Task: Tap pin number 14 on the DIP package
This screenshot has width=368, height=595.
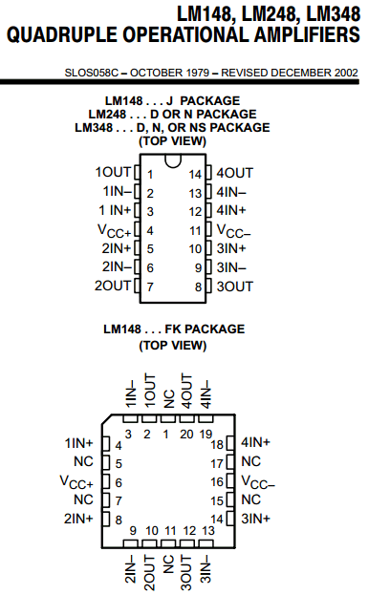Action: coord(195,174)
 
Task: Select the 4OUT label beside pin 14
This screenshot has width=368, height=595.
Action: coord(234,173)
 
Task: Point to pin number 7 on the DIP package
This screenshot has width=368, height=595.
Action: coord(150,287)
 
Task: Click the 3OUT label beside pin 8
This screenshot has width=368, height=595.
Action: coord(234,286)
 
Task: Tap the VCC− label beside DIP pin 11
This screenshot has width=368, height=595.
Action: coord(235,230)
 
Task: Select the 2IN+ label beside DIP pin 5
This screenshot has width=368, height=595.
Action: coord(115,248)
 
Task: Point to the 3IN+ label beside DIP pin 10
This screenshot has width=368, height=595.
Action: coord(231,248)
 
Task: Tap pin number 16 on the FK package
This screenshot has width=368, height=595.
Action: coord(217,481)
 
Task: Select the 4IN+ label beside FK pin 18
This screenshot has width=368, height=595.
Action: coord(256,443)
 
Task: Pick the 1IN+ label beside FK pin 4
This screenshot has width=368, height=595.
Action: coord(77,443)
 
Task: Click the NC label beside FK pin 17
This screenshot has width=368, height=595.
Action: coord(251,462)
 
